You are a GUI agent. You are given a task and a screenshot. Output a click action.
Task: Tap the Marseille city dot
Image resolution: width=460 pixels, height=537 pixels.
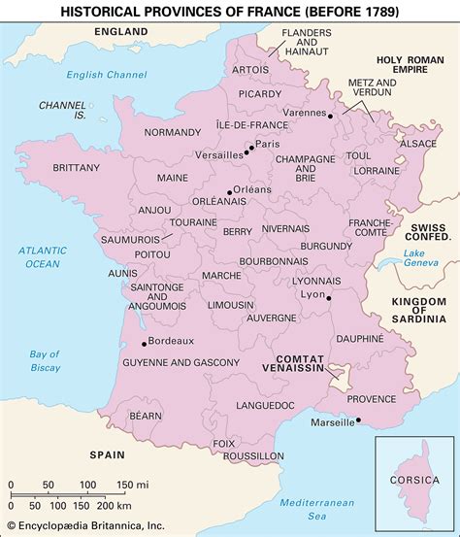coord(359,420)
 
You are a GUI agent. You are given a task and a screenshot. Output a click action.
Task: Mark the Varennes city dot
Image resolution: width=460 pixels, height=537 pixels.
coord(331,116)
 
